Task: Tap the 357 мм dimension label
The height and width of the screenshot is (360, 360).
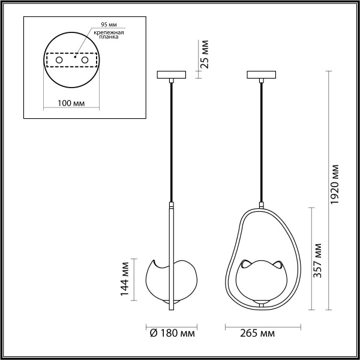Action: pos(318,259)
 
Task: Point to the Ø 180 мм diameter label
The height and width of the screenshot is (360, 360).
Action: pos(172,333)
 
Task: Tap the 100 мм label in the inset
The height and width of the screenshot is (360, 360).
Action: pos(70,103)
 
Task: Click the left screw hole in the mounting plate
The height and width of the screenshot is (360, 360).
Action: pos(59,61)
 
